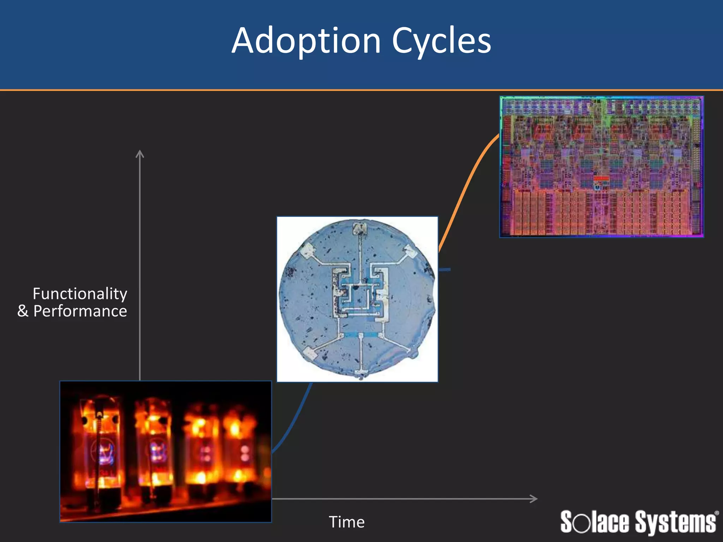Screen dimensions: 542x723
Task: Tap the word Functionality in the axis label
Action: click(80, 294)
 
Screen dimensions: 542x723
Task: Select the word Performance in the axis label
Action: click(80, 311)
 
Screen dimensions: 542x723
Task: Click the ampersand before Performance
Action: click(23, 311)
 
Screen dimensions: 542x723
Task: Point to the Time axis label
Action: click(347, 522)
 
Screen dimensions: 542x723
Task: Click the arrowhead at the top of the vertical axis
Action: click(140, 154)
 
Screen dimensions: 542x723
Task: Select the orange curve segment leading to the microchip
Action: click(466, 191)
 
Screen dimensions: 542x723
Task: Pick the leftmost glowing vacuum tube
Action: click(101, 448)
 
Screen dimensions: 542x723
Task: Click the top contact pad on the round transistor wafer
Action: click(360, 229)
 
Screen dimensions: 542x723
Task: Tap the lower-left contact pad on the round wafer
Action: click(309, 353)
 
